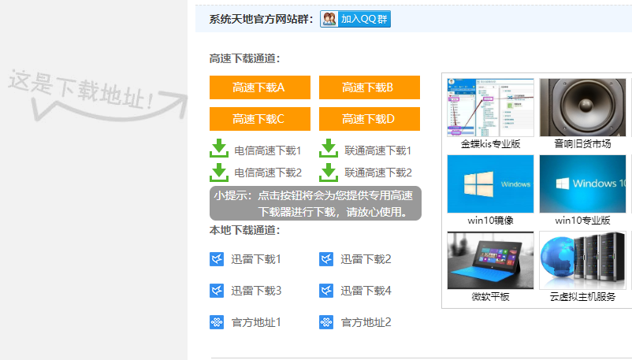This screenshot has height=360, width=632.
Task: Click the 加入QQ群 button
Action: tap(355, 20)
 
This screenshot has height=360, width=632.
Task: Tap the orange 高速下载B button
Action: tap(369, 87)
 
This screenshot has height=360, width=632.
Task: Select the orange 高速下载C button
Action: tap(259, 119)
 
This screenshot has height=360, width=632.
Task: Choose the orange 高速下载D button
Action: tap(369, 119)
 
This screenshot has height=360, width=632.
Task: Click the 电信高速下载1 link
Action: tap(268, 150)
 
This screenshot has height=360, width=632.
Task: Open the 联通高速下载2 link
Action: tap(377, 172)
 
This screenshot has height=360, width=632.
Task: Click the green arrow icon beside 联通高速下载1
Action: tap(329, 149)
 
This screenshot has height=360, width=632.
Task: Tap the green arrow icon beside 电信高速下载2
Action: tap(219, 171)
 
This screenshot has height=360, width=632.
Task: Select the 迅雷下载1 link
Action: tap(256, 259)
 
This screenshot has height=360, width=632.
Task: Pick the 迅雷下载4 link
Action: tap(366, 291)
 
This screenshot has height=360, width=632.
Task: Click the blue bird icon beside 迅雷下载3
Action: tap(217, 291)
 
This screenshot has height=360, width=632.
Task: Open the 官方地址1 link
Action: tap(256, 322)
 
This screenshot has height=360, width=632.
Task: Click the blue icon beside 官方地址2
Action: tap(326, 322)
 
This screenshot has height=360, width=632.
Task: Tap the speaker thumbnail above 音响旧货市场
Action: tap(582, 107)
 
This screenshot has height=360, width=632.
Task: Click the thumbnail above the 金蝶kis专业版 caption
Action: tap(490, 107)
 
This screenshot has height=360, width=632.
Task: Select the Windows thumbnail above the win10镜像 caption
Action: tap(490, 184)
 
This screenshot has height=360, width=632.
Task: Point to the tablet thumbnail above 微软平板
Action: tap(490, 260)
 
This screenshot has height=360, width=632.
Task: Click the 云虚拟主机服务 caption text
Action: tap(582, 297)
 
